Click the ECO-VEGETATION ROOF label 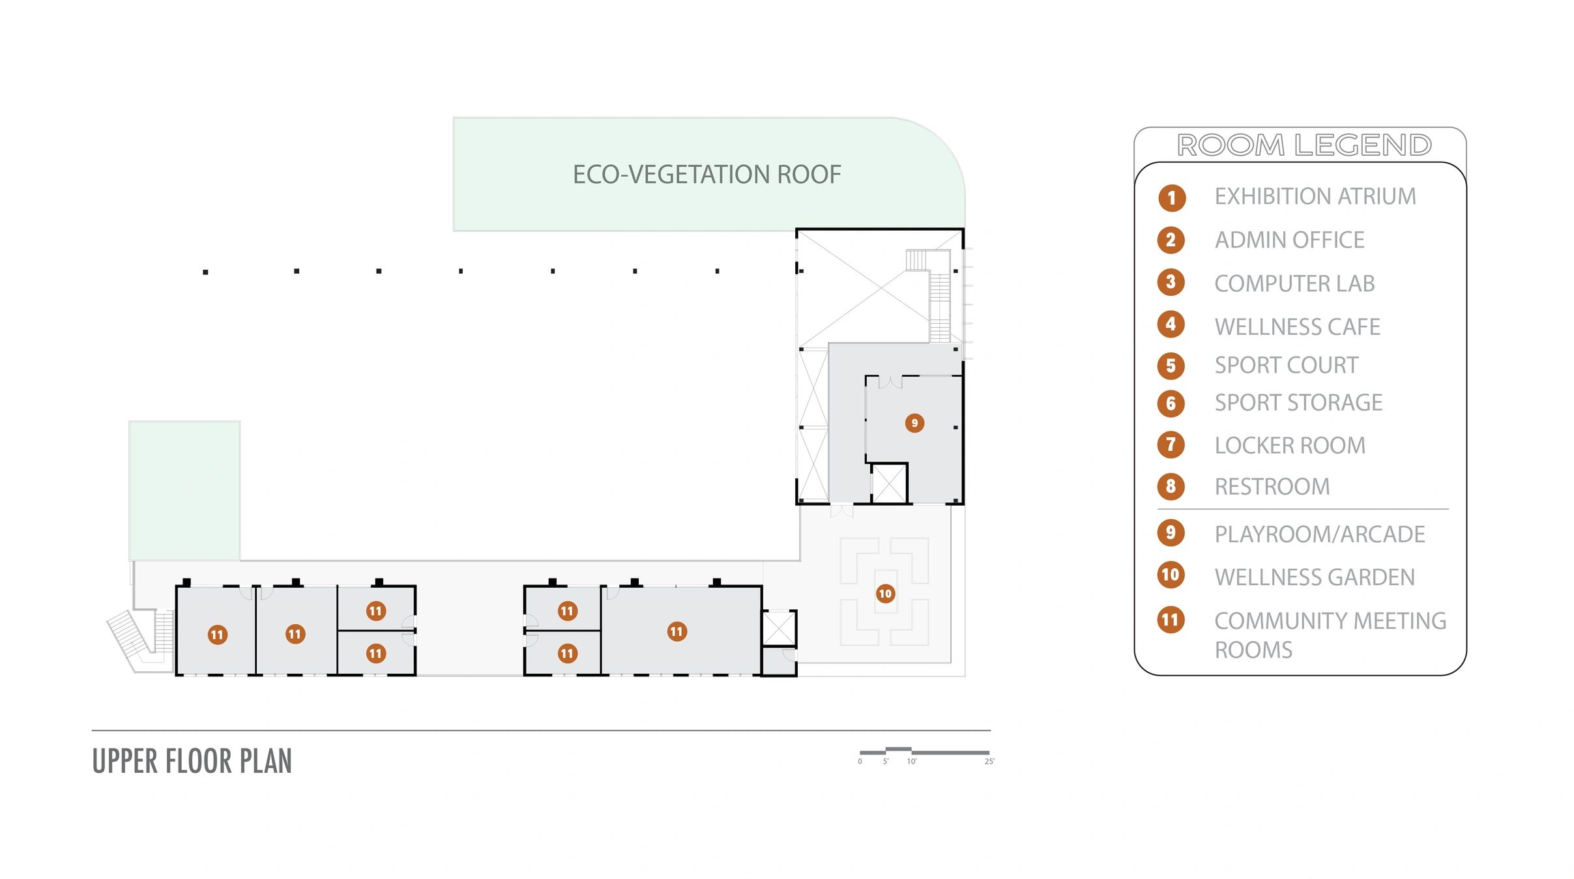[707, 175]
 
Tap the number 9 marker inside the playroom [914, 424]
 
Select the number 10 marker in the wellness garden [885, 594]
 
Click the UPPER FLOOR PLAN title [192, 761]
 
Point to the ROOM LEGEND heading [1304, 145]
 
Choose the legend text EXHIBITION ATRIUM [1315, 196]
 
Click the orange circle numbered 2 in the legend [1171, 240]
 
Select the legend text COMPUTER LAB [1294, 283]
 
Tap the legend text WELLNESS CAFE [1297, 326]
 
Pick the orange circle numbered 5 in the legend [1171, 366]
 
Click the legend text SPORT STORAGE [1298, 403]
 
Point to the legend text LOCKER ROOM [1290, 446]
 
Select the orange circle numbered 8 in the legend [1171, 486]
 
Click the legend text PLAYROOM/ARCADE [1320, 534]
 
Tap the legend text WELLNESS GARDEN [1315, 577]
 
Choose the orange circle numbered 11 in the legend [1171, 620]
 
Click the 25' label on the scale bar [989, 762]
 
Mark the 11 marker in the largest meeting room [677, 631]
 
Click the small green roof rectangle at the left [184, 491]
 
